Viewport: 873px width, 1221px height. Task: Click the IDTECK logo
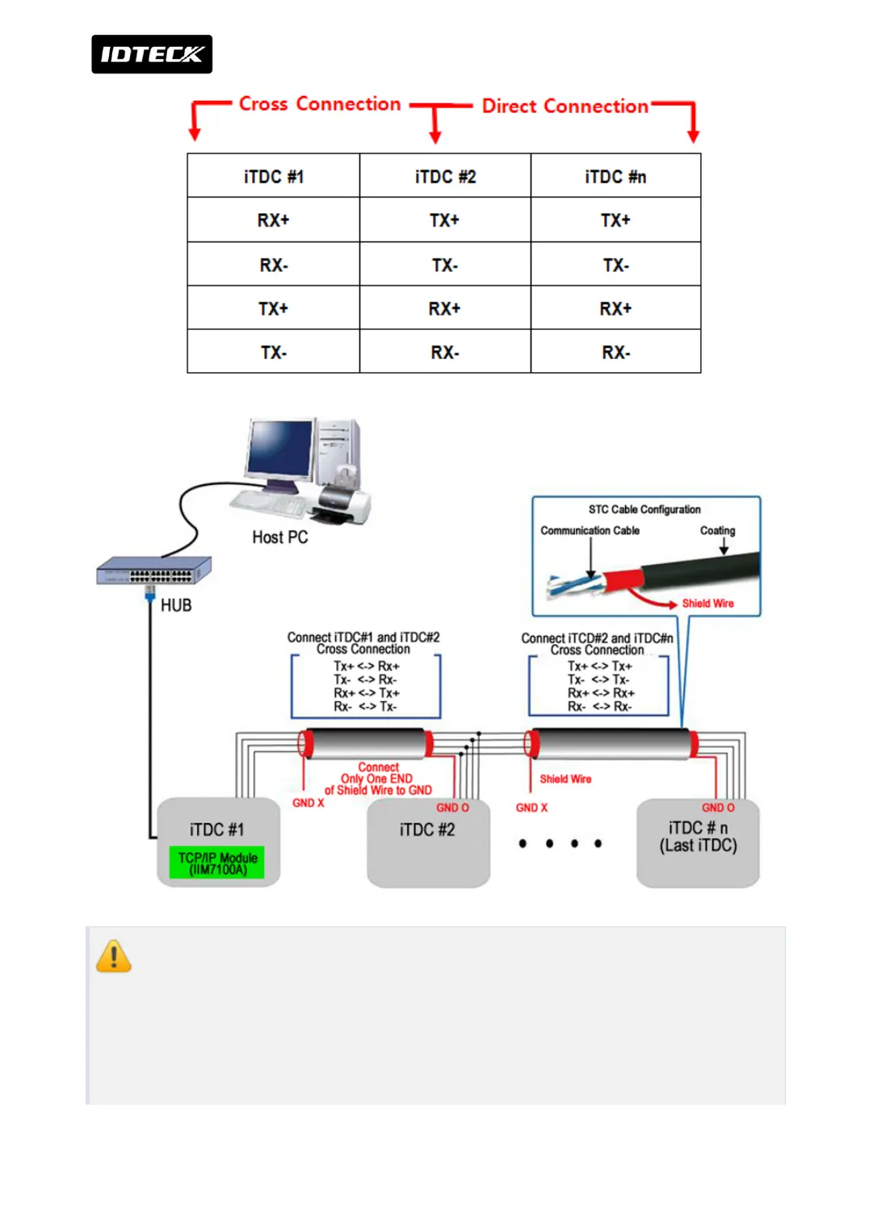coord(152,54)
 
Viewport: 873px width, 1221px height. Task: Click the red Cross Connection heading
coord(320,104)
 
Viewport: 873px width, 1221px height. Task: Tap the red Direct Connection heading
coord(565,107)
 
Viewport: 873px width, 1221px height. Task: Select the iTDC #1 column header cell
coord(274,177)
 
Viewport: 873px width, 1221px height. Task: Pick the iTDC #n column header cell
coord(615,177)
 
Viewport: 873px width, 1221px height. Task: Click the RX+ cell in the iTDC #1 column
coord(274,220)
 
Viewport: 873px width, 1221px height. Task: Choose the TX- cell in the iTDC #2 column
coord(445,266)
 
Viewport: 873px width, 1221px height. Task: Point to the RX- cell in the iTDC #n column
coord(615,353)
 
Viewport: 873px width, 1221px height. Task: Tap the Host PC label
coord(279,537)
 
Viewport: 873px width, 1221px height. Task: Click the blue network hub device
coord(154,571)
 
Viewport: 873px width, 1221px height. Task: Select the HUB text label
coord(176,605)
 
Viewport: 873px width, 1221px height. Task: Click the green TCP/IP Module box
coord(217,863)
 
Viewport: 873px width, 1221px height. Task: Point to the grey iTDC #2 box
coord(428,843)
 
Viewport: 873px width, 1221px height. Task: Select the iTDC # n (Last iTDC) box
coord(698,843)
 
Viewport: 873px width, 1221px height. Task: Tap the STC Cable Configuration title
coord(644,510)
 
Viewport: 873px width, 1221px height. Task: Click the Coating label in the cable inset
coord(717,531)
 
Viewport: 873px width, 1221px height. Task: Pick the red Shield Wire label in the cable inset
coord(707,604)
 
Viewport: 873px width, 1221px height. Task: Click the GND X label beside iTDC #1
coord(308,803)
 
